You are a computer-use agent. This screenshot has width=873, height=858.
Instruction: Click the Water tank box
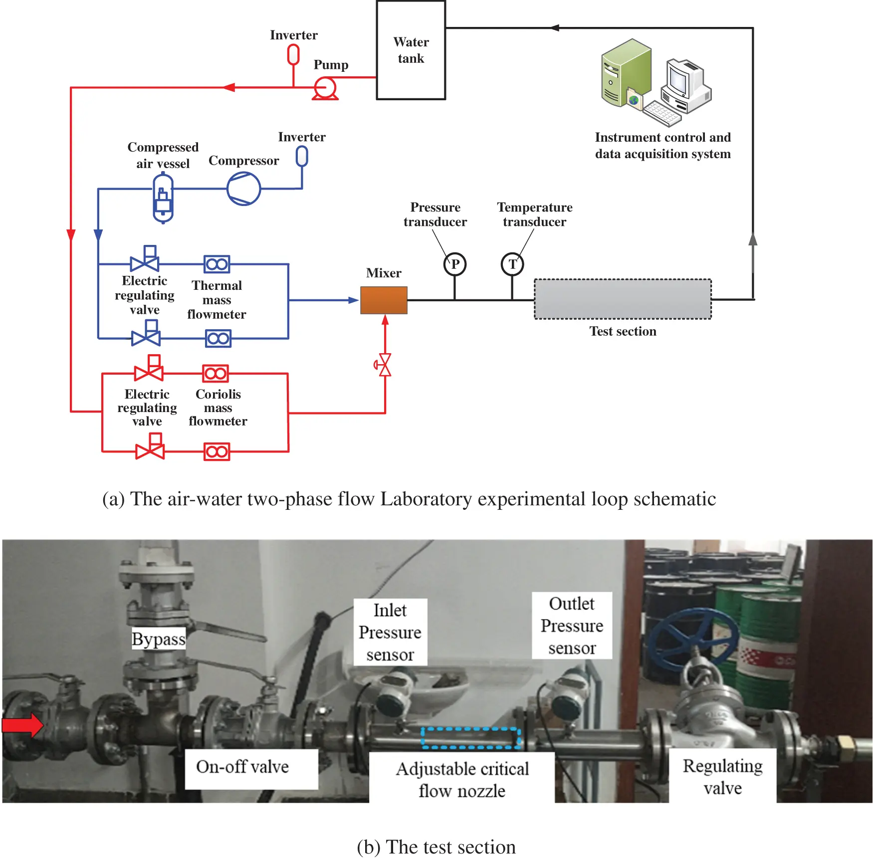411,50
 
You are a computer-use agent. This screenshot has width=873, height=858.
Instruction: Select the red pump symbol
325,89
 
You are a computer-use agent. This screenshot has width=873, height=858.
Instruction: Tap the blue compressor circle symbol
243,189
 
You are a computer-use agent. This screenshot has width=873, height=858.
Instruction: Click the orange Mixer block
384,300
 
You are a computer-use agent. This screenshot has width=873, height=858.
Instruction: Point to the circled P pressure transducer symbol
454,264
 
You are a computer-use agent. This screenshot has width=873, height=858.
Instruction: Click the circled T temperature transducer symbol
512,264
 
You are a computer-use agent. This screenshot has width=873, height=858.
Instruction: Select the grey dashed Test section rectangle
623,299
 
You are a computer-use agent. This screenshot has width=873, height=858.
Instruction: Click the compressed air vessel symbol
163,198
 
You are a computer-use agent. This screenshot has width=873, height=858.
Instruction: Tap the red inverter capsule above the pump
293,54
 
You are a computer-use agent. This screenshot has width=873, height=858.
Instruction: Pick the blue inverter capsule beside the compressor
302,157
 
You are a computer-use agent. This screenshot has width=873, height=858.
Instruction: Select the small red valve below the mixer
385,365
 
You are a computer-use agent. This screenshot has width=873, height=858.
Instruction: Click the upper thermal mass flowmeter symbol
217,264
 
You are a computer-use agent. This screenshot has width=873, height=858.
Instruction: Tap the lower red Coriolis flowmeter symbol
217,451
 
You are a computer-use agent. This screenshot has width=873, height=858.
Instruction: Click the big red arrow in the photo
22,725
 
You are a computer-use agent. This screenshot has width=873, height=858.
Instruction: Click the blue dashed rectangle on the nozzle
471,738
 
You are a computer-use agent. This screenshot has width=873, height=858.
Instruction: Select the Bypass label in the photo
158,639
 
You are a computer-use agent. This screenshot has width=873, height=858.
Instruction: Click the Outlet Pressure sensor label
572,626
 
